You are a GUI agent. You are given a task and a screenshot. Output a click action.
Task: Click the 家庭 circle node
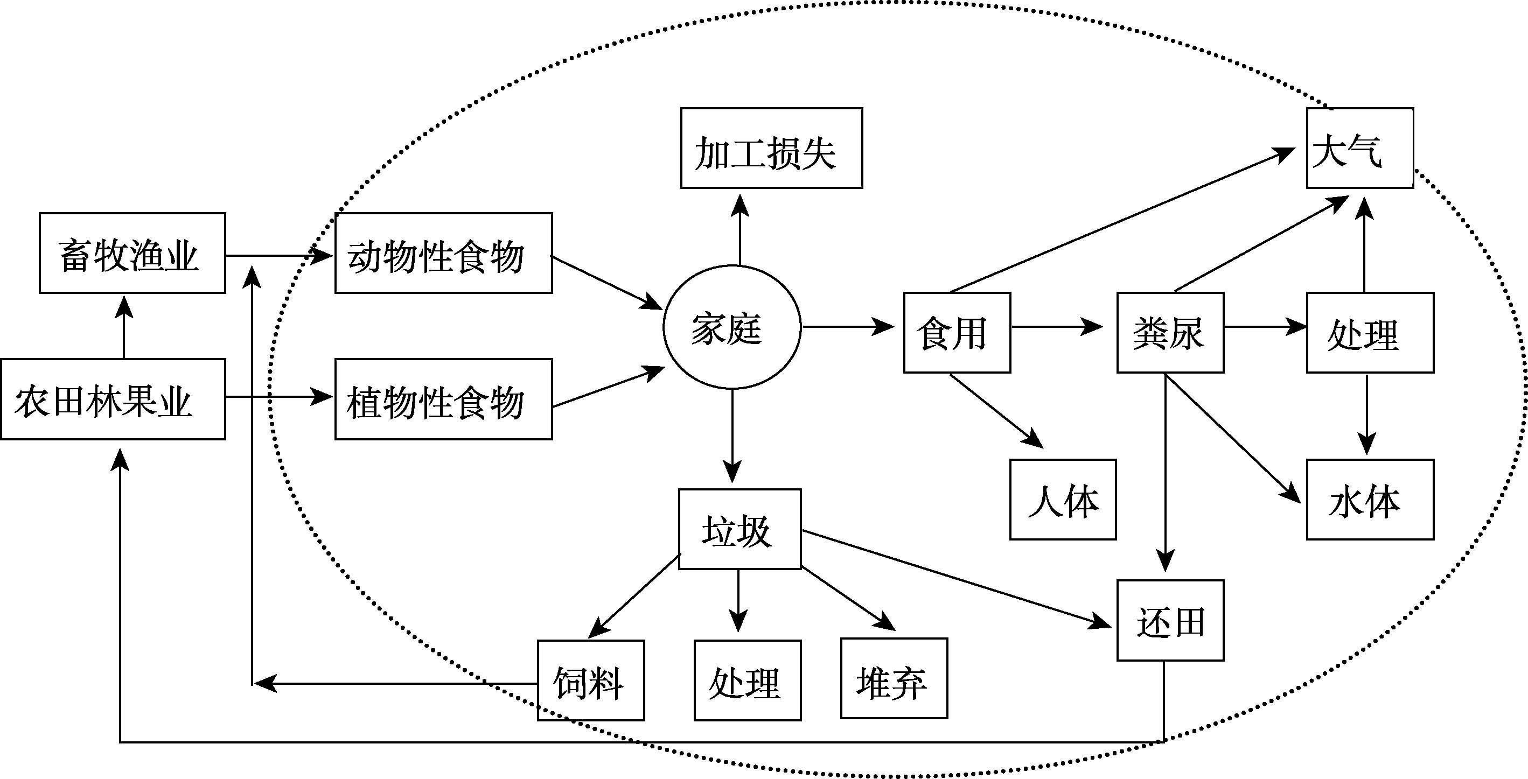(x=732, y=327)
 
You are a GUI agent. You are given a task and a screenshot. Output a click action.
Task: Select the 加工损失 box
(x=771, y=148)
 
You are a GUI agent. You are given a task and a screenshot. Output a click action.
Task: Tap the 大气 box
(x=1359, y=148)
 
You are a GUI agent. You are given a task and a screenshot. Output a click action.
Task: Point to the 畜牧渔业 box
(x=132, y=253)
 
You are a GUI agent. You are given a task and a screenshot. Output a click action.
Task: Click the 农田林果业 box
(x=113, y=399)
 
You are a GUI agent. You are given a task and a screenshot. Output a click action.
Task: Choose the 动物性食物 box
(x=444, y=253)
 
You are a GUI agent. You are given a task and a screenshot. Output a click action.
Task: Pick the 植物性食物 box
(x=444, y=399)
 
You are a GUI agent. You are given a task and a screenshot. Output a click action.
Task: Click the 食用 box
(x=957, y=333)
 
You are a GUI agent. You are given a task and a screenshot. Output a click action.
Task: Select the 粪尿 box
(x=1170, y=333)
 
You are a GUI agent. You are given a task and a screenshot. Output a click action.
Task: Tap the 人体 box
(x=1063, y=499)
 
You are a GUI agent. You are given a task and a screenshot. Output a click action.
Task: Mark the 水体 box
(x=1370, y=499)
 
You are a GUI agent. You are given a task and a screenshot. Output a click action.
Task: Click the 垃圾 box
(x=739, y=529)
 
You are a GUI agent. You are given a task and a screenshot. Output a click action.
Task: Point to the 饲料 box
(x=591, y=680)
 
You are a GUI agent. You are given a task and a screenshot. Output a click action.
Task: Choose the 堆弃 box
(x=894, y=678)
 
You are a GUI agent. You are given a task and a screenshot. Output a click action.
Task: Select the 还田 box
(x=1170, y=620)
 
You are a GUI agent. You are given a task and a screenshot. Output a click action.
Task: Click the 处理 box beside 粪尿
(x=1370, y=333)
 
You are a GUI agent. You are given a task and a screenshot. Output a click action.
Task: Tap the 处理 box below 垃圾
(x=748, y=680)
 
